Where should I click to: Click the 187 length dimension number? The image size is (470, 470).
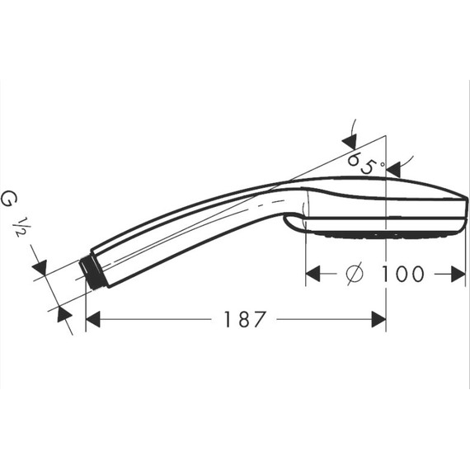[245, 319]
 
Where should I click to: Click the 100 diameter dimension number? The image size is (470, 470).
[402, 274]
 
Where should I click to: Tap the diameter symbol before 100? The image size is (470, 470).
[355, 274]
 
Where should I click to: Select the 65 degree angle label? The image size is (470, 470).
[363, 162]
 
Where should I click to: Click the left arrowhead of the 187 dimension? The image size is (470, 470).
[92, 319]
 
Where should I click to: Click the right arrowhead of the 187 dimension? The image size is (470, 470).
[378, 319]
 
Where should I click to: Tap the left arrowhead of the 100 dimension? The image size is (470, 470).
[313, 274]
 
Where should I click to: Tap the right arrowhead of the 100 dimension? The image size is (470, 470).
[458, 274]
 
